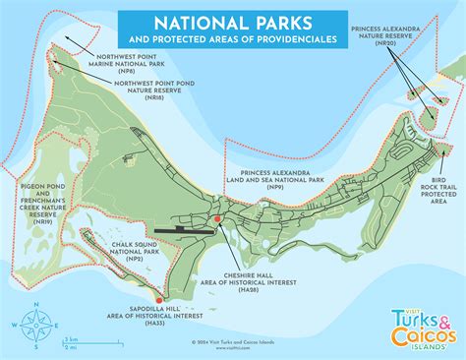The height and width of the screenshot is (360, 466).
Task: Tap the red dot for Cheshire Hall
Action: [x=215, y=218]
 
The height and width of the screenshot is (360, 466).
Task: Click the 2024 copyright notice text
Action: [x=233, y=344]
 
